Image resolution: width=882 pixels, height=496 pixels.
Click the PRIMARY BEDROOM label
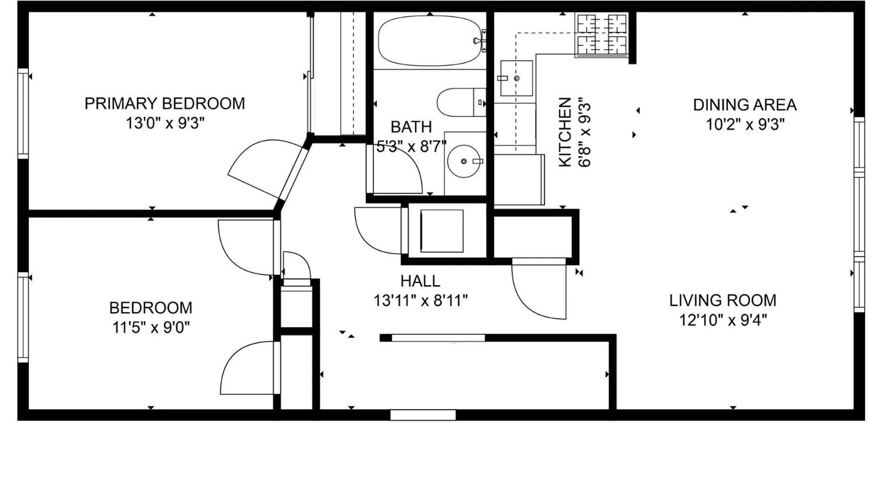point(164,104)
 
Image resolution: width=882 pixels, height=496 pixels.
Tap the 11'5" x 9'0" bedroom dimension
point(151,327)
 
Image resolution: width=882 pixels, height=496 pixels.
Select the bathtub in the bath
point(430,41)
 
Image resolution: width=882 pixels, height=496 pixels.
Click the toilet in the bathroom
point(461,102)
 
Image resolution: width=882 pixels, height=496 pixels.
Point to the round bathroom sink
point(464,161)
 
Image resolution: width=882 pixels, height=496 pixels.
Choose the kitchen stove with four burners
point(602,34)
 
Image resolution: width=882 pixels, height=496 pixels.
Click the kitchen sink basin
point(516,78)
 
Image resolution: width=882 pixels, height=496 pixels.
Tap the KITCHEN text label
point(565,132)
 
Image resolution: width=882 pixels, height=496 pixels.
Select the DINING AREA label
point(745,105)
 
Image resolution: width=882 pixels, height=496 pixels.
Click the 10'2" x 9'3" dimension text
point(745,124)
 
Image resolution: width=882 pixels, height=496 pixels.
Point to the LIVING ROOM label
point(723,300)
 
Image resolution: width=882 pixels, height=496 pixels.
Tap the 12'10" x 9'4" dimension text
point(723,320)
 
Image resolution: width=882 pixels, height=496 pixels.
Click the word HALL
point(420,281)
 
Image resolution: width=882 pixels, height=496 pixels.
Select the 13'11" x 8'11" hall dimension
point(420,301)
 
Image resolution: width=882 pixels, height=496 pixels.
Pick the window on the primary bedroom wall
point(23,113)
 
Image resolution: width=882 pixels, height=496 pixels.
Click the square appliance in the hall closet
point(442,231)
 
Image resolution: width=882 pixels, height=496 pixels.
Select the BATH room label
point(411,127)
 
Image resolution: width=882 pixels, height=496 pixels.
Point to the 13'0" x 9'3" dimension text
point(165,124)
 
